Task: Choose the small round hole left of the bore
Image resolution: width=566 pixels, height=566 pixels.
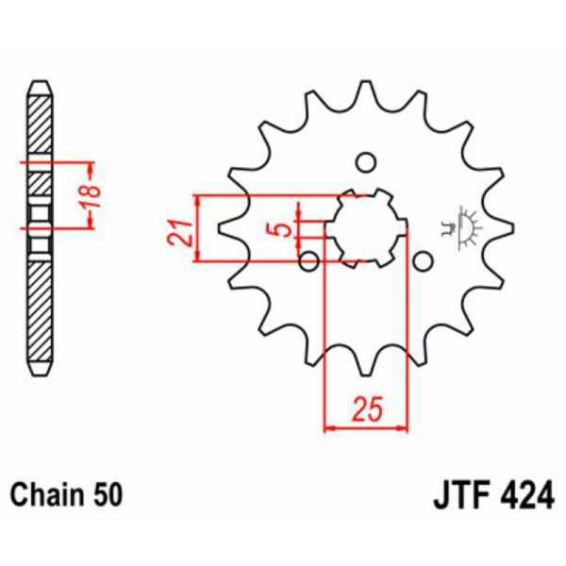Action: tap(308, 260)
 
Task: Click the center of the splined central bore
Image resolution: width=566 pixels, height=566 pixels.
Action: tap(365, 227)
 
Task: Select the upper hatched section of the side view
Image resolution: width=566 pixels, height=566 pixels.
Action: tap(38, 128)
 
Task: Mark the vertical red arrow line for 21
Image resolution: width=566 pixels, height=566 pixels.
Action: tap(198, 228)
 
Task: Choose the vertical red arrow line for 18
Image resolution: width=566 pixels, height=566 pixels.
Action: tap(89, 195)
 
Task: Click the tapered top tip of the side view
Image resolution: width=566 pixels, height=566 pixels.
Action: tap(38, 88)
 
